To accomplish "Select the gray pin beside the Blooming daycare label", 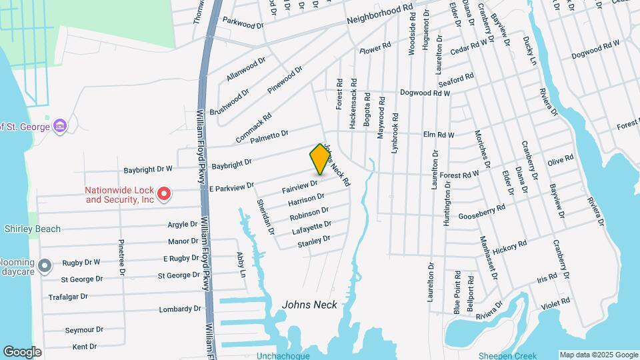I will (x=45, y=267).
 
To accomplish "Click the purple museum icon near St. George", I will (x=60, y=125).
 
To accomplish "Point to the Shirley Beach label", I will (x=33, y=229).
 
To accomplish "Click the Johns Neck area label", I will (x=309, y=305).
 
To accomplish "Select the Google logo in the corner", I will (x=22, y=352).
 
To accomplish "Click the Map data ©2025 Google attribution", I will (x=598, y=355).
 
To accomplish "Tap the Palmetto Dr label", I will (x=269, y=137).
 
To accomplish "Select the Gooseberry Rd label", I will (x=482, y=212).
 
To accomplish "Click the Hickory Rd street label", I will (x=511, y=245).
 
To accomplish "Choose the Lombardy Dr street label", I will (x=180, y=309).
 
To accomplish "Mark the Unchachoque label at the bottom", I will (x=283, y=356).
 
